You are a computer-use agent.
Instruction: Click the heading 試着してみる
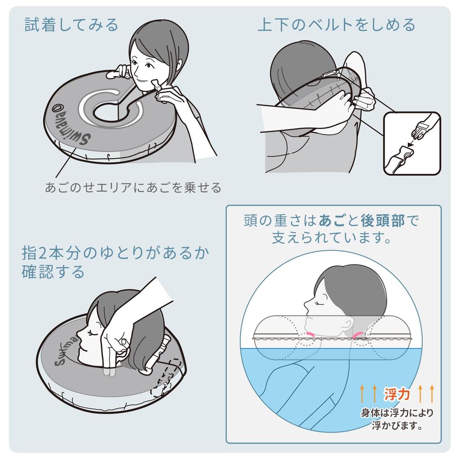tap(71, 25)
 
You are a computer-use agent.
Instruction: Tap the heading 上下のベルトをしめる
tap(336, 25)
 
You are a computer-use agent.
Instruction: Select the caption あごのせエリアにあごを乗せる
tap(133, 187)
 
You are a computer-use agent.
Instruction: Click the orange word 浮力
tap(397, 394)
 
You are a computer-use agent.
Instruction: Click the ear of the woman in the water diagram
tap(346, 323)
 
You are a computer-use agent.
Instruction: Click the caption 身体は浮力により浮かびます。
tap(397, 418)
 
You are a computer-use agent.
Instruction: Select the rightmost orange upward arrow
tap(432, 394)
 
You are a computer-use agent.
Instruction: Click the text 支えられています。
tap(333, 238)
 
